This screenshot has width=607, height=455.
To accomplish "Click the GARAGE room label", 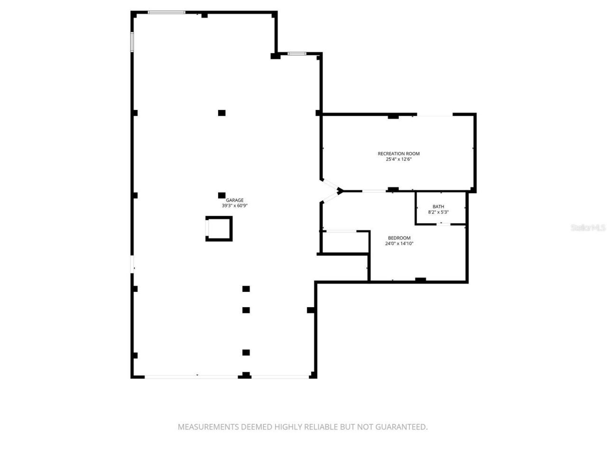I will point(234,200).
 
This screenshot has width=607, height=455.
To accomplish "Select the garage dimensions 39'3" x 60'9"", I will point(235,206).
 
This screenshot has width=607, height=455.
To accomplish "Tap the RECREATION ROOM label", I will point(398,154).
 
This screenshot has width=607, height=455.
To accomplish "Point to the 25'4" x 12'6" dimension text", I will point(398,159).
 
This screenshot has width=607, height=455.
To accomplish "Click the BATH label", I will point(438,207).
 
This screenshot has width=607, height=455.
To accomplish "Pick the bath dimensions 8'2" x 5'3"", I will point(438,212).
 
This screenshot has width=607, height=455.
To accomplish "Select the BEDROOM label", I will point(399,238).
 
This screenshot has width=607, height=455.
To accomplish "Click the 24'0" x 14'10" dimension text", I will point(399,244).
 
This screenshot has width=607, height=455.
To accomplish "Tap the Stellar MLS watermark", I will point(588,228).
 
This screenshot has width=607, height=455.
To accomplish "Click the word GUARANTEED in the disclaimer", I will point(401,427).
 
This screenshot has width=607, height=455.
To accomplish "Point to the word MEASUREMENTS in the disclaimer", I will point(209,427).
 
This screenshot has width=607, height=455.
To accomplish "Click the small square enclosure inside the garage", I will point(219,228).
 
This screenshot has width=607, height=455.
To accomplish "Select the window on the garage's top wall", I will point(166,12).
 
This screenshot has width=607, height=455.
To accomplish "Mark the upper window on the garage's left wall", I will point(132,42).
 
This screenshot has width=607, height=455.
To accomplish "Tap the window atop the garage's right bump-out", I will point(297,54).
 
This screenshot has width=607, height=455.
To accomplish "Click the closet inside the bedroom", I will point(345,242).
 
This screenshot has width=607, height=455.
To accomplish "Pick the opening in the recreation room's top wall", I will point(434,115).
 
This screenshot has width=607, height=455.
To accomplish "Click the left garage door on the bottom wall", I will point(191,377).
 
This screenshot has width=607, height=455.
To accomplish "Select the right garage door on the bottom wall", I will point(280,377).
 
